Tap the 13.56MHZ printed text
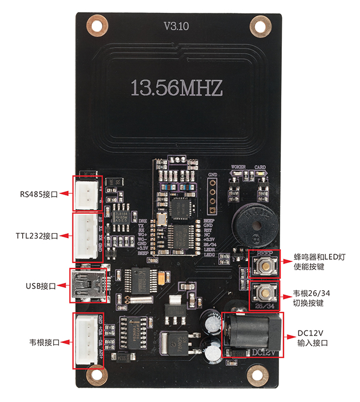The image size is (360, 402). [177, 87]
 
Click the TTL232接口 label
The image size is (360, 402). [37, 236]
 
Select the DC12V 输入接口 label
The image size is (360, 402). [313, 338]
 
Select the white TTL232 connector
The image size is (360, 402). [88, 237]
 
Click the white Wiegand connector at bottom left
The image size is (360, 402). [88, 341]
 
